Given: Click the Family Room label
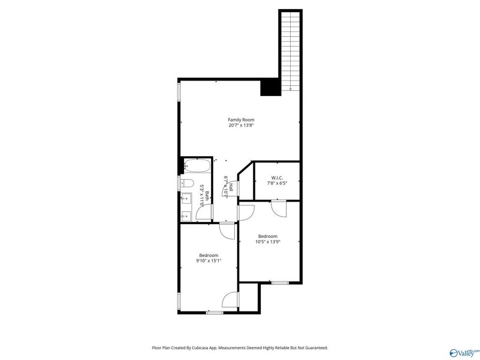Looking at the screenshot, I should [x=241, y=119].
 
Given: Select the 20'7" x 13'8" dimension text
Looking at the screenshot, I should [x=241, y=126].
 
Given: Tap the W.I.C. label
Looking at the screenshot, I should [x=277, y=178].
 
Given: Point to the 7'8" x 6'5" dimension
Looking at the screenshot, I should [x=277, y=183].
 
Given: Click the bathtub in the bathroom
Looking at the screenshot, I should [x=197, y=166].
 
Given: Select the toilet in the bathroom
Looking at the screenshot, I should [x=187, y=183].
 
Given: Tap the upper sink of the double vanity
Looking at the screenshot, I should [x=186, y=201].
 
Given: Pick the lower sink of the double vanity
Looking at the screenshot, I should [x=186, y=215].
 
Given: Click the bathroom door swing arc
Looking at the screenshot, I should [x=203, y=212].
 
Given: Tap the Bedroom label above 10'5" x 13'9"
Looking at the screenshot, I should [x=268, y=236].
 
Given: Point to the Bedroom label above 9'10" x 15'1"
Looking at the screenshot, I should [x=209, y=255].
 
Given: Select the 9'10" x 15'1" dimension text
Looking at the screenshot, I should [x=209, y=261].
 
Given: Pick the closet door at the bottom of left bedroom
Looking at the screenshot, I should [x=230, y=300].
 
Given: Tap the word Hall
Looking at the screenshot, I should [x=231, y=187].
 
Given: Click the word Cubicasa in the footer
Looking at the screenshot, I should [x=204, y=348].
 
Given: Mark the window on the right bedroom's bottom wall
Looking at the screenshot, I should [x=279, y=282].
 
